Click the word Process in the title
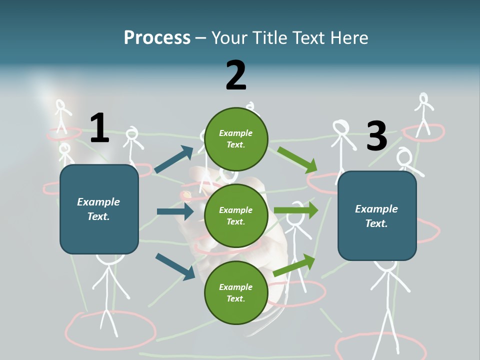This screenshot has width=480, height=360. (157, 37)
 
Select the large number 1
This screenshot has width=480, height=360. (99, 128)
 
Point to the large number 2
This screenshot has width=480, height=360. (236, 75)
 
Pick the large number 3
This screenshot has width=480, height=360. (376, 136)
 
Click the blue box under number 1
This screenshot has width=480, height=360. (99, 209)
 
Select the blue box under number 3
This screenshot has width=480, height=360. (377, 215)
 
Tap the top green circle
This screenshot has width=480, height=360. (236, 139)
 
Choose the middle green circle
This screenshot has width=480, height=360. (236, 215)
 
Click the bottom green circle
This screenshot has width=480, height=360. (236, 292)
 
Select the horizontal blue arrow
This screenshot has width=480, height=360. (175, 211)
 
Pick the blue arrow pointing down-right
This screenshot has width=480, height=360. (175, 266)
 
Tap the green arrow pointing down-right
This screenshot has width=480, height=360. (297, 159)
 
